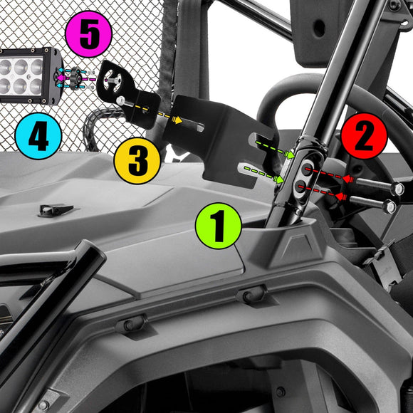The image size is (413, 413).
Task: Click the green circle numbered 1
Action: [x=219, y=226]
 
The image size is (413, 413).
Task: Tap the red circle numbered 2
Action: [x=365, y=136]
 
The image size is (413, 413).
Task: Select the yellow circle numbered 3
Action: [x=137, y=161]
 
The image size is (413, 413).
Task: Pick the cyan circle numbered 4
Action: [x=38, y=136]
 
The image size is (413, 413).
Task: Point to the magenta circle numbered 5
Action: [x=88, y=34]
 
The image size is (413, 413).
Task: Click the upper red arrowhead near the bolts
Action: [x=348, y=179]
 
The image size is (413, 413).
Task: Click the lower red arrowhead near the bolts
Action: [x=341, y=197]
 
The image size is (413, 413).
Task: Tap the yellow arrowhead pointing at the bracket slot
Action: [x=177, y=120]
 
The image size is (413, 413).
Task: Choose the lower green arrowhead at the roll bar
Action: [x=278, y=179]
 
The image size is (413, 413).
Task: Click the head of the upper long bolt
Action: [x=397, y=188]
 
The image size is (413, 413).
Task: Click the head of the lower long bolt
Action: [x=390, y=206]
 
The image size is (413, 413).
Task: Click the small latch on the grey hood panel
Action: [x=56, y=210]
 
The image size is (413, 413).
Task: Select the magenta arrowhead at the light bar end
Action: [x=61, y=78]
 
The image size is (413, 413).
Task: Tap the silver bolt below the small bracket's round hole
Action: [x=120, y=100]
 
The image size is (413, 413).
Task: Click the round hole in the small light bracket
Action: [x=113, y=78]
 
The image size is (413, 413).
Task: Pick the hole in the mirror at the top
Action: [x=319, y=28]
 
